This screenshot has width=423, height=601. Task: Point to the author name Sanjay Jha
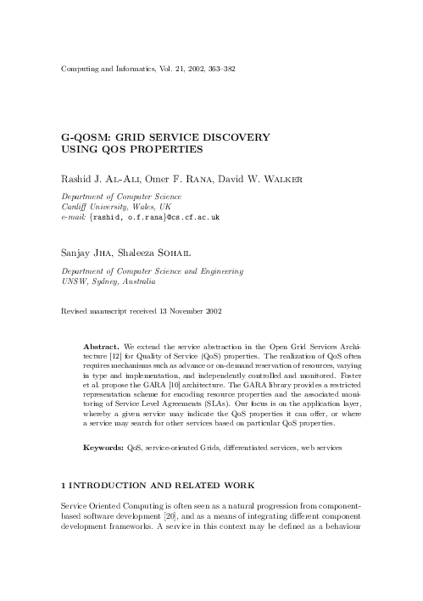tap(88, 251)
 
